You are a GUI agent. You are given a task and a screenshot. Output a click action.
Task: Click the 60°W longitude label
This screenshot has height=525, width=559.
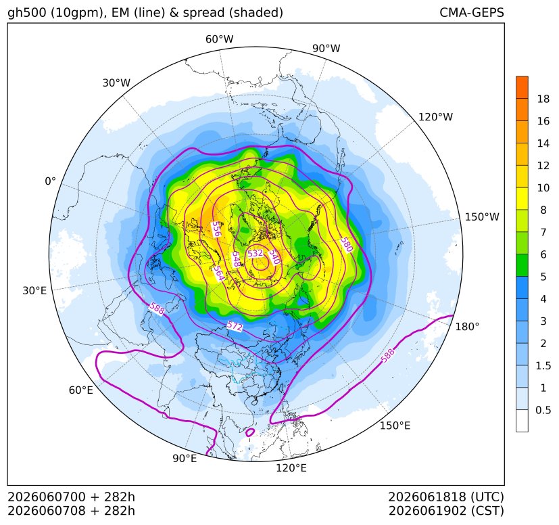point(219,39)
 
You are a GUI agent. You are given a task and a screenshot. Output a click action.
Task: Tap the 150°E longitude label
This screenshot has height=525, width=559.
point(395,426)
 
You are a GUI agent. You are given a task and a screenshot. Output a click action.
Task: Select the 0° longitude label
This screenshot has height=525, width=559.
point(50,181)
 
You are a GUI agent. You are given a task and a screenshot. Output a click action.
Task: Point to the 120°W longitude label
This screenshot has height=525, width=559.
point(435,117)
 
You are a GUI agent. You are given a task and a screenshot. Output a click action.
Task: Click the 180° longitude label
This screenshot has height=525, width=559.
point(467,327)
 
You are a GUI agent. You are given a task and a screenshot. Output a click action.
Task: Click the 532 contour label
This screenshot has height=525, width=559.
point(256,254)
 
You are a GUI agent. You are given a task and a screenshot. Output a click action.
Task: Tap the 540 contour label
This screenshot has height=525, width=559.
point(274,256)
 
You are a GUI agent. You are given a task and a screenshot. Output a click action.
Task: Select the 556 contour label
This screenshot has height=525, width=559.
point(216,229)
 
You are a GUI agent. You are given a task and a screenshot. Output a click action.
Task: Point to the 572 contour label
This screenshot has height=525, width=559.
point(235,326)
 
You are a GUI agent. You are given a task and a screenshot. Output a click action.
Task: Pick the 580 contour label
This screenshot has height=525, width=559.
point(347,244)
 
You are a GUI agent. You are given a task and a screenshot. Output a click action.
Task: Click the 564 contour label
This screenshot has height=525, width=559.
point(219,274)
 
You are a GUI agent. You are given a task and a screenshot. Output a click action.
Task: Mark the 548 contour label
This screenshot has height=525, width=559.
point(236,259)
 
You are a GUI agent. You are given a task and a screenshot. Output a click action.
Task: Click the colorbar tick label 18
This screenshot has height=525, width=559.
point(543,99)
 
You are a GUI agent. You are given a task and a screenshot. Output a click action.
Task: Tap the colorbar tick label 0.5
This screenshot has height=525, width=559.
point(543,410)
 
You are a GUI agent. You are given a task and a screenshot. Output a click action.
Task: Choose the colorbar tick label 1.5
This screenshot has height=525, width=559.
point(543,365)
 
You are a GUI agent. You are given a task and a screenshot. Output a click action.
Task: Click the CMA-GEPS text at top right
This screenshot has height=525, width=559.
point(472,12)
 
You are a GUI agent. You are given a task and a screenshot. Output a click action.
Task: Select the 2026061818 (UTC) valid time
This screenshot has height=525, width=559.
point(446,497)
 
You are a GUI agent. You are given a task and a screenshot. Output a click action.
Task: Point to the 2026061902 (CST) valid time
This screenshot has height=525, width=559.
point(446,511)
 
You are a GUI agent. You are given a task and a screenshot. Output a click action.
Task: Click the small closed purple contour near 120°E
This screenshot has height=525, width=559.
point(250,432)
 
